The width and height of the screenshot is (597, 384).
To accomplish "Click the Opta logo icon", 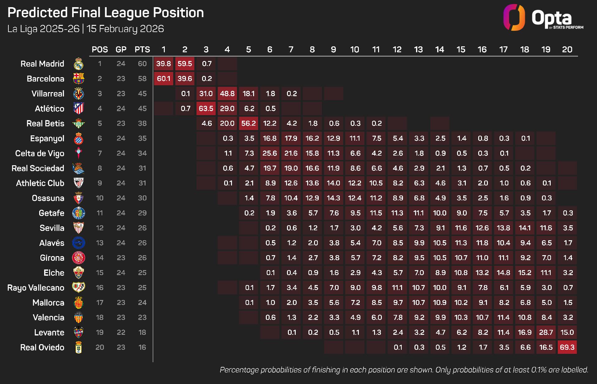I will (514, 17).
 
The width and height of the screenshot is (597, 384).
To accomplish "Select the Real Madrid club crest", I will (78, 64).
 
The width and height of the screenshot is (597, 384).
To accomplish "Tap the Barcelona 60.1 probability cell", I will (164, 79).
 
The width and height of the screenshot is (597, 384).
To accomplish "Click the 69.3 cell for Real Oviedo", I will (567, 347).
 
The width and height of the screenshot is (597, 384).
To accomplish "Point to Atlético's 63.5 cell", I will (206, 109).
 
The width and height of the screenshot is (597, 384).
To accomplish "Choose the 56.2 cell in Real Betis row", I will (248, 124).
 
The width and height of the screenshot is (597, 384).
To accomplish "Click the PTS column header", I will (142, 49).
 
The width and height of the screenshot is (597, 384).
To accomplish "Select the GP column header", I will (121, 49).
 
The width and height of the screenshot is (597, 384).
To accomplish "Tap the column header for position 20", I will (567, 49).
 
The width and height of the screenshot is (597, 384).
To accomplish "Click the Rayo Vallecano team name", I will (36, 288).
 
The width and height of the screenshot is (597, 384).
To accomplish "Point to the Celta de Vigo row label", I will (40, 153).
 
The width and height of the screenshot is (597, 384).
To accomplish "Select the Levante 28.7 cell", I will (546, 332).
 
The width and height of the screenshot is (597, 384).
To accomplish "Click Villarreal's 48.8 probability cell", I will (227, 94).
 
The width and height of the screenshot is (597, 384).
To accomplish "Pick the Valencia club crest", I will (78, 317).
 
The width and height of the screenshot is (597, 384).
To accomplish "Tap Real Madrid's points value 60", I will (142, 64).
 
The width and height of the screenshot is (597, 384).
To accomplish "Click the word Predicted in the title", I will (37, 13).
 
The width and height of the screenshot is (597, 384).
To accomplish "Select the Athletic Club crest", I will (78, 183).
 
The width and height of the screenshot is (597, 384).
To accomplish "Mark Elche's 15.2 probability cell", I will (525, 273).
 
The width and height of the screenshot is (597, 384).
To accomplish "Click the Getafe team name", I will (52, 213).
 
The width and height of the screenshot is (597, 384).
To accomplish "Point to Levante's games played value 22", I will (121, 332).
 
